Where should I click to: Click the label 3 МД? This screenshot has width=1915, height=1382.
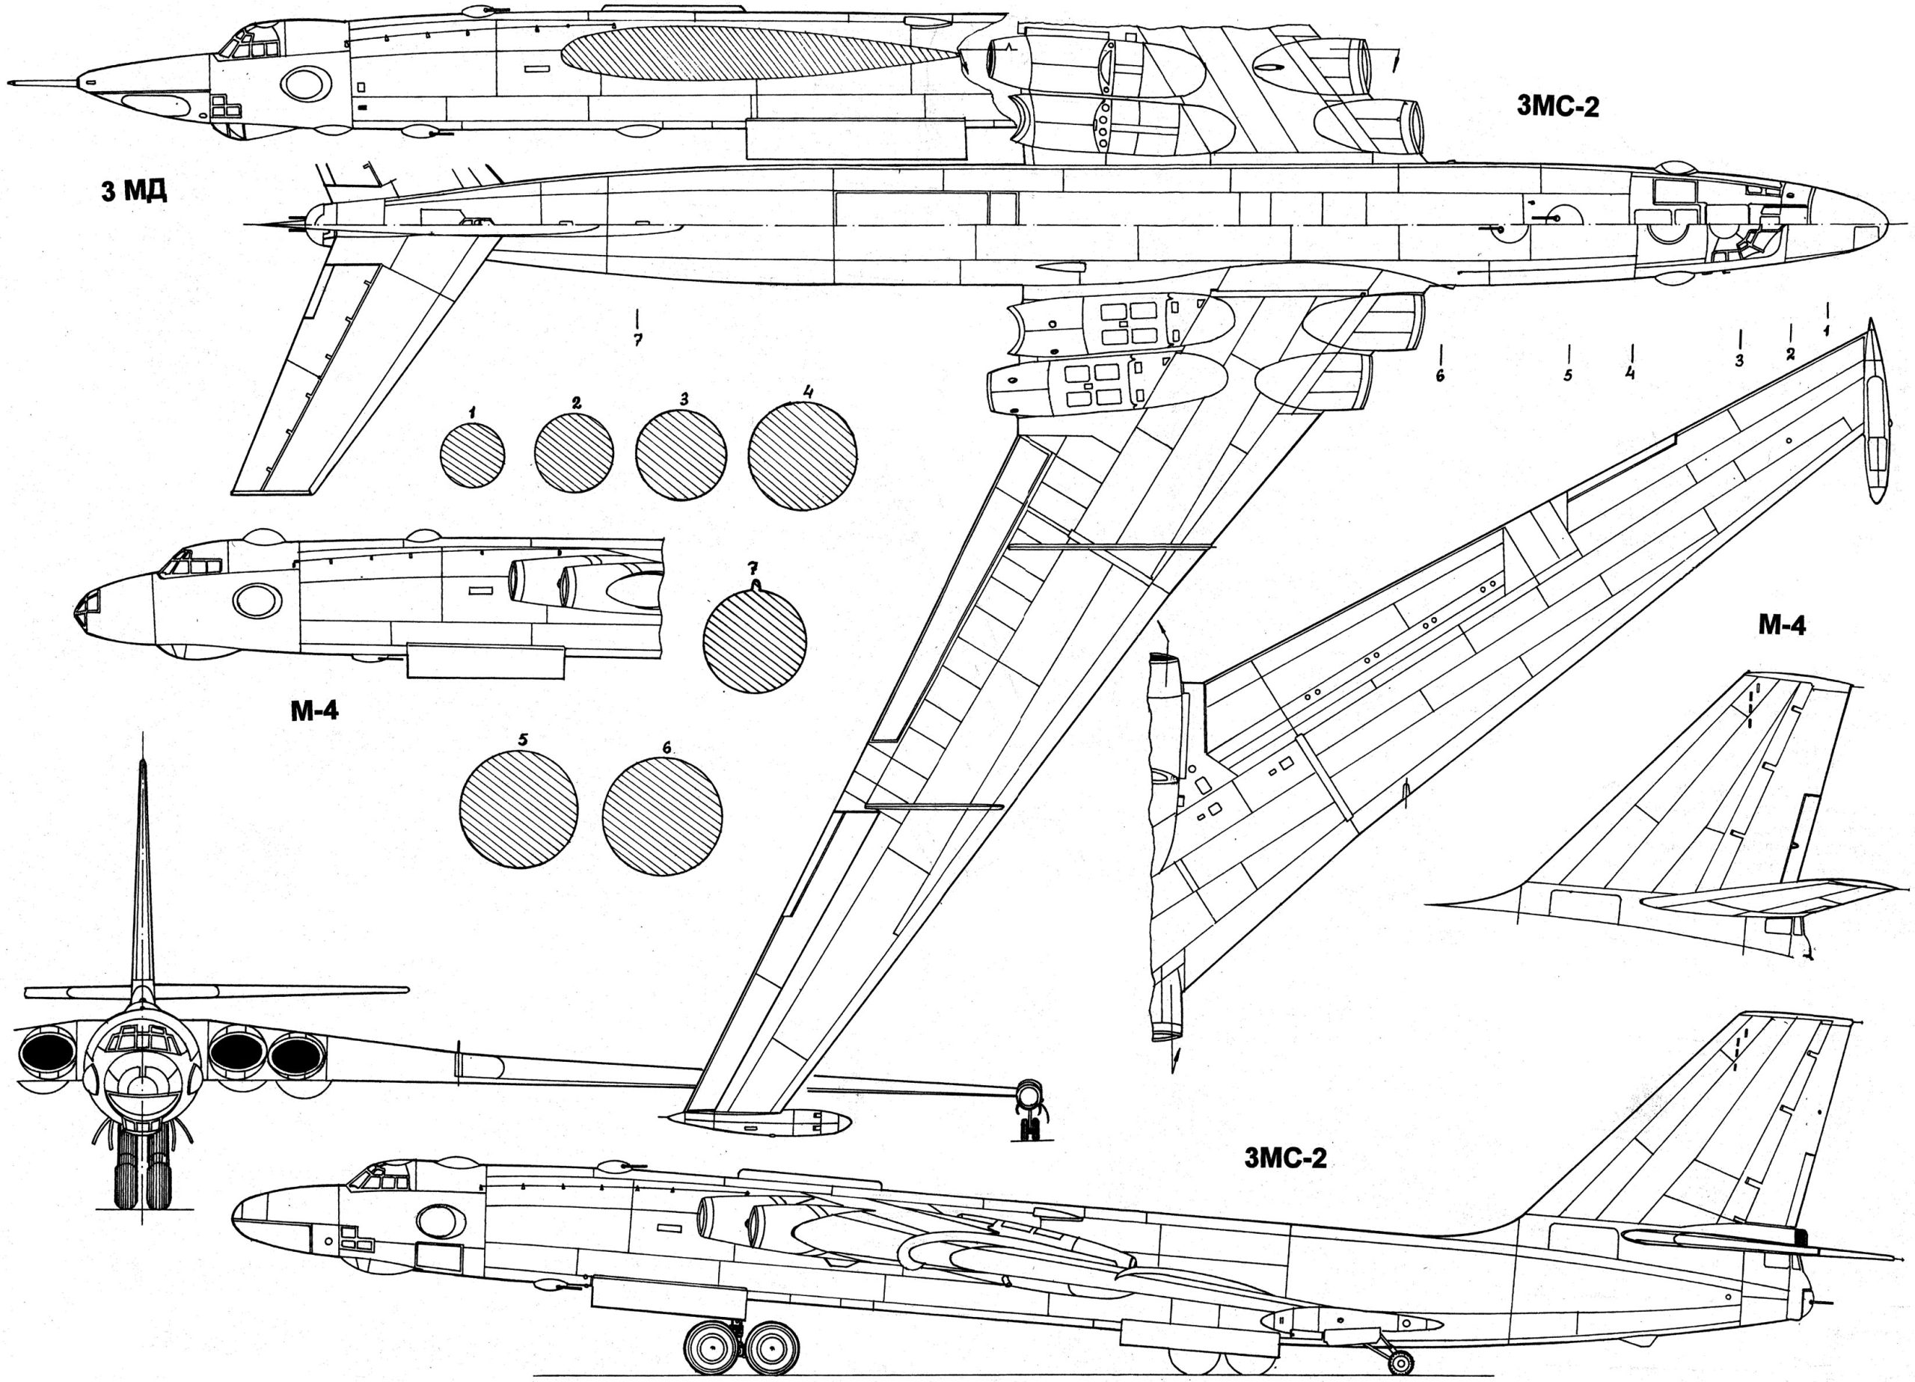133,192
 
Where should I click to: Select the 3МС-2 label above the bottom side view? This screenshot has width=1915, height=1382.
1285,1158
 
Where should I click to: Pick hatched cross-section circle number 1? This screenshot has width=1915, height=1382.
472,456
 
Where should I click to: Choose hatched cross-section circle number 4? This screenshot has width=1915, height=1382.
802,456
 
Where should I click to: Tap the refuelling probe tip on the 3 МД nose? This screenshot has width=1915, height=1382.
10,84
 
